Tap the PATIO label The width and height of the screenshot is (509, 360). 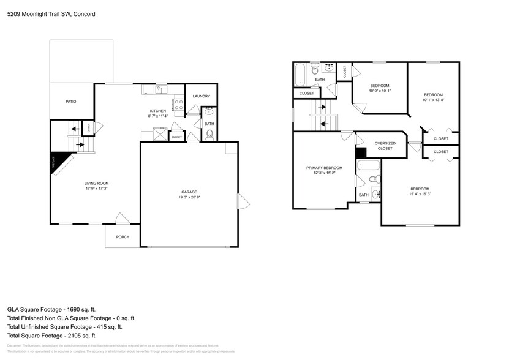[x=71, y=102]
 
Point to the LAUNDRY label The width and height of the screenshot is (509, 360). [x=201, y=96]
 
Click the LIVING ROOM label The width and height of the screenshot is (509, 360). [x=96, y=183]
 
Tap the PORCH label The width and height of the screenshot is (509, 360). [x=123, y=237]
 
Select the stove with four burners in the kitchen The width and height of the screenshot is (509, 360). [x=178, y=105]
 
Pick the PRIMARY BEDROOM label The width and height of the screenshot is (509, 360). [x=324, y=168]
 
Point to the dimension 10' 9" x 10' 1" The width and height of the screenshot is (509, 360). [x=379, y=91]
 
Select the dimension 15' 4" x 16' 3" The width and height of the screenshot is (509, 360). [x=420, y=194]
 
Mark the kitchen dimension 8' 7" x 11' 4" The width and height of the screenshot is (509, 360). [x=157, y=116]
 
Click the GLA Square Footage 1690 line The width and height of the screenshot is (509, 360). [x=51, y=310]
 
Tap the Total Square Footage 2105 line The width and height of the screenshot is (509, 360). [x=52, y=336]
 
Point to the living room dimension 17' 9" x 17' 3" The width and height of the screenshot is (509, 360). [x=96, y=189]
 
